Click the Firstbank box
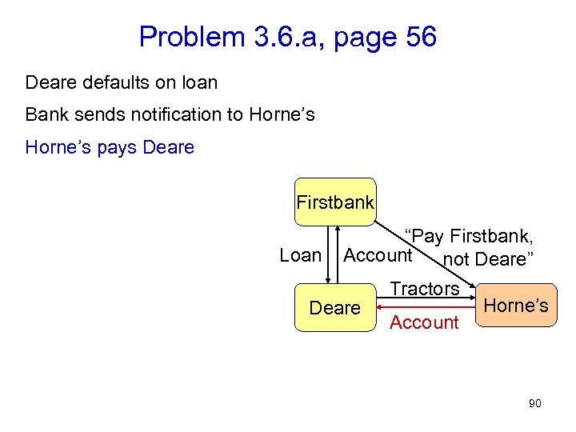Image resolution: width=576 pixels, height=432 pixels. (335, 202)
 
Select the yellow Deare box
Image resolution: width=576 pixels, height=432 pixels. (334, 308)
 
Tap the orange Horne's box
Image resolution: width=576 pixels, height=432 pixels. (516, 305)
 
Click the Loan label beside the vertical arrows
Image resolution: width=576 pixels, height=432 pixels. (300, 255)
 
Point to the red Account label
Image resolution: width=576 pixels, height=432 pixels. (423, 322)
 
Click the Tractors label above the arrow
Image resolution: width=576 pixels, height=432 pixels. (424, 289)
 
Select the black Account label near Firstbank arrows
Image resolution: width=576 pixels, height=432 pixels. (377, 255)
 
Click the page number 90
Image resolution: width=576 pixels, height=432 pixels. (534, 403)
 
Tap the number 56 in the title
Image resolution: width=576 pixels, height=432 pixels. (416, 36)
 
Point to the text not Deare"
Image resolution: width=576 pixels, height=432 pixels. (487, 260)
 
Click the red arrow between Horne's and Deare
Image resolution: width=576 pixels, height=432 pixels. (424, 305)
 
